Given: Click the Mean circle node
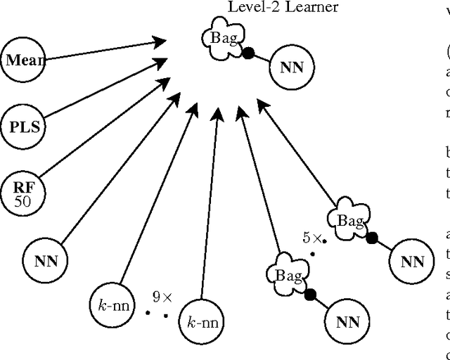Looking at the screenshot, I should click(22, 59).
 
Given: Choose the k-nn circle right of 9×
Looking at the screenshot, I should click(202, 323).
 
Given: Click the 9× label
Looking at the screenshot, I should click(164, 297).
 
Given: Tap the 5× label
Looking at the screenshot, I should click(313, 239).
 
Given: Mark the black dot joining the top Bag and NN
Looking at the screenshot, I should click(248, 53).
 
